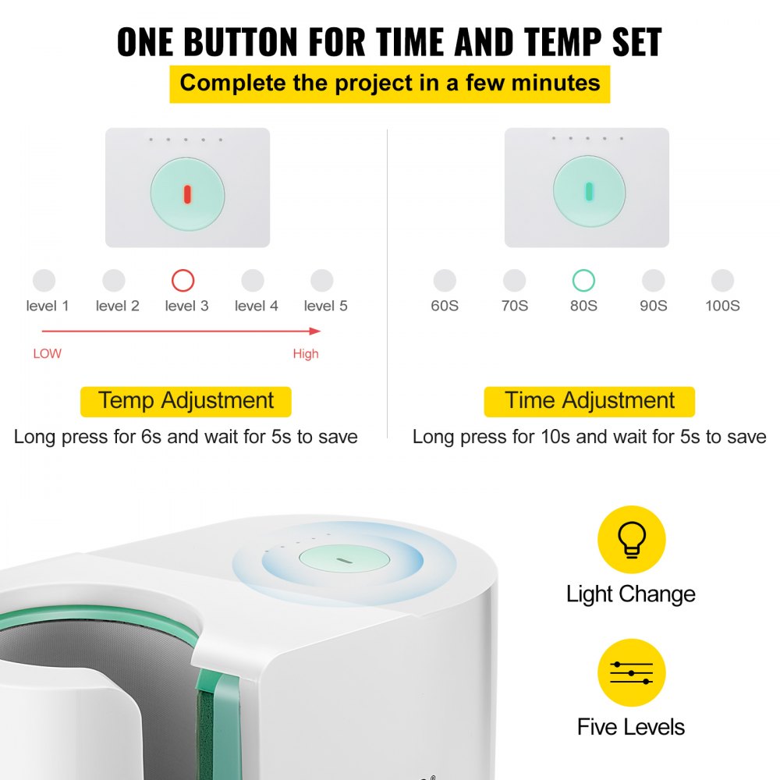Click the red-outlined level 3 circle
pos(183,281)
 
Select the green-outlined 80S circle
pos(583,281)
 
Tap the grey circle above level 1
pos(44,281)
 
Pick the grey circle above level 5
pos(322,281)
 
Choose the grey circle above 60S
pos(445,281)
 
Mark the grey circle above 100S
pos(723,281)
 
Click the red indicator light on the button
pos(186,194)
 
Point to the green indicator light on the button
pos(589,191)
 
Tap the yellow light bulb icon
pos(631,540)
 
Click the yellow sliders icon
pos(631,672)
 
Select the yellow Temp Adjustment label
pos(186,402)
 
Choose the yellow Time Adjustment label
pos(589,402)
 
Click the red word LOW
pos(47,353)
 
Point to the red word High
pos(306,353)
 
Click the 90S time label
pos(653,306)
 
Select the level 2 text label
pos(117,306)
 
